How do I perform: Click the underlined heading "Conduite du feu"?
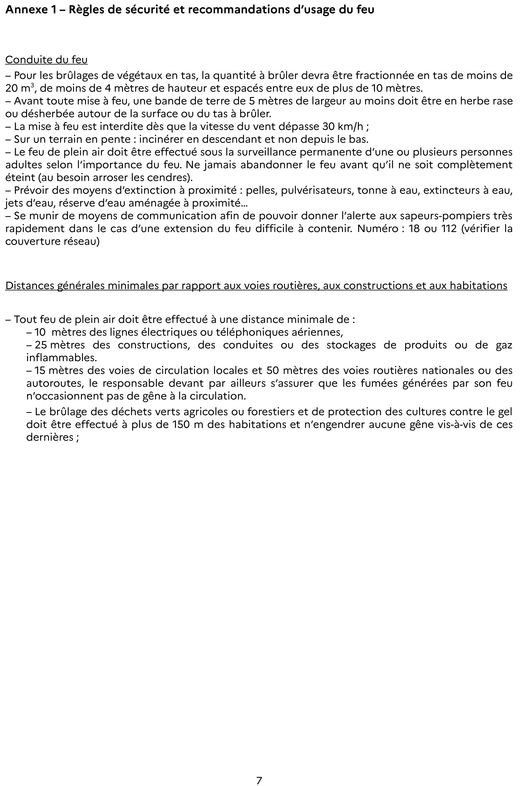[47, 60]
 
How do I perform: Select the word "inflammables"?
[62, 358]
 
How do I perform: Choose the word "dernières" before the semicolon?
[50, 437]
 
